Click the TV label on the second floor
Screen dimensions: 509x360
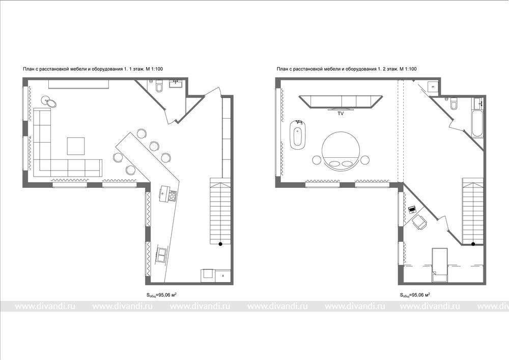[x=341, y=114]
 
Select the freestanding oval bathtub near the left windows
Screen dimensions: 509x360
[x=298, y=134]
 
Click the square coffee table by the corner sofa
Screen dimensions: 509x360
[x=76, y=146]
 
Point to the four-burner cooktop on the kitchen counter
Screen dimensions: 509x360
[x=173, y=197]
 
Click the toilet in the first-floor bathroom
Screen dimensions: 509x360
[x=159, y=87]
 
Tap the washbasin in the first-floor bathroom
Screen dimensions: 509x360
[x=177, y=84]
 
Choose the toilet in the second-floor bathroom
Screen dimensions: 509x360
[x=454, y=104]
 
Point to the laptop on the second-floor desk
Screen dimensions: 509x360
[x=412, y=209]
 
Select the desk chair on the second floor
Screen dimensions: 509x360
[x=420, y=221]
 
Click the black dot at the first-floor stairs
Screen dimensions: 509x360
[x=220, y=244]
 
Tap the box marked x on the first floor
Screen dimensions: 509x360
[x=223, y=275]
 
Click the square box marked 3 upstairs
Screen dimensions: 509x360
[x=433, y=87]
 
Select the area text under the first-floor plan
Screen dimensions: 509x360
[x=161, y=295]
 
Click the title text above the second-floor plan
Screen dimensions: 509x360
[x=347, y=69]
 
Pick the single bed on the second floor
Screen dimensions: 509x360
[x=440, y=265]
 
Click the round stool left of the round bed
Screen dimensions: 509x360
[x=316, y=160]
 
